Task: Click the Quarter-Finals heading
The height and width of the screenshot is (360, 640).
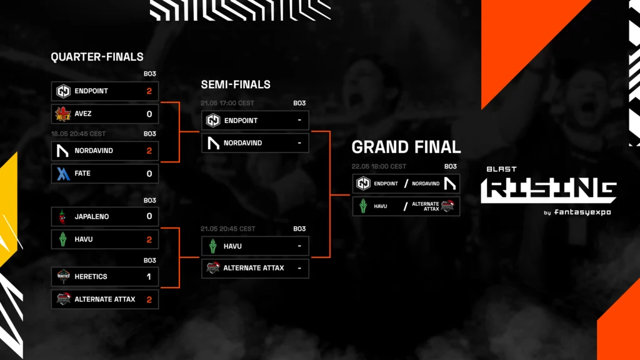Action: point(97,57)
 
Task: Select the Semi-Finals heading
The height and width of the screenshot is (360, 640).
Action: point(236,84)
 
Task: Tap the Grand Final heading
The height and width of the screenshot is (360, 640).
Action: point(406,147)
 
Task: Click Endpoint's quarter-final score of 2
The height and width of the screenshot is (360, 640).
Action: point(149,91)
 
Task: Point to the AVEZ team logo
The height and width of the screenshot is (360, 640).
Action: point(63,114)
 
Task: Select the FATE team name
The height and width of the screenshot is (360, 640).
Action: point(82,174)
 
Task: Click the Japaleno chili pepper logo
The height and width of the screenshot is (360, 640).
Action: point(62,217)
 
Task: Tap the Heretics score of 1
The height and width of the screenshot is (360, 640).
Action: point(149,277)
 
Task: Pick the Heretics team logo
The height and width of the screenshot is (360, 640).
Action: point(63,276)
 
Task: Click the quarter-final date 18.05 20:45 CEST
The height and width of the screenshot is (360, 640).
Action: point(78,134)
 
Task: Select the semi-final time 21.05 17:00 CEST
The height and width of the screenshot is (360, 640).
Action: point(227,103)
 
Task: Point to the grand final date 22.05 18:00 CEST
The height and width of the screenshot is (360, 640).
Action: point(379,166)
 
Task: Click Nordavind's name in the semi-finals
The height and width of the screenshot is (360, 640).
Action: point(243,143)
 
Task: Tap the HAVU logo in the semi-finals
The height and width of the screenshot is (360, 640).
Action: point(212,246)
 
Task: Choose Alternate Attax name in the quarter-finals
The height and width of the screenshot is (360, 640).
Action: point(105,299)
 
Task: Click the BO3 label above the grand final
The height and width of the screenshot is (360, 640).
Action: point(451,166)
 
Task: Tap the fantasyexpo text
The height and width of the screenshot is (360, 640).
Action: point(582,212)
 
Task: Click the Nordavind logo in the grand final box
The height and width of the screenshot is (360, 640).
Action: point(450,184)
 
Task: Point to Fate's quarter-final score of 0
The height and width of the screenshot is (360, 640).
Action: point(149,174)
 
